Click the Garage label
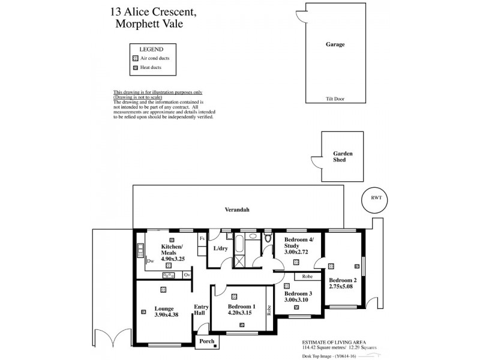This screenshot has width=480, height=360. point(335,44)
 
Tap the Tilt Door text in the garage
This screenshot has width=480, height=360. point(335,99)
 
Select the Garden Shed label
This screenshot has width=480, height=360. point(343,157)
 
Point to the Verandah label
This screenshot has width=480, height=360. point(238,210)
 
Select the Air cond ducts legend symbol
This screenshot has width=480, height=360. point(135,58)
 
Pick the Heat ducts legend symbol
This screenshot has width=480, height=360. point(135,68)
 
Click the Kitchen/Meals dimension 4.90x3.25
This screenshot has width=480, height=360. point(173,259)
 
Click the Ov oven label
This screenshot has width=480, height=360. point(187,275)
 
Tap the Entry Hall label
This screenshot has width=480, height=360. point(201,310)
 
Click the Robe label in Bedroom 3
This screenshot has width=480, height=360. point(307,277)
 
